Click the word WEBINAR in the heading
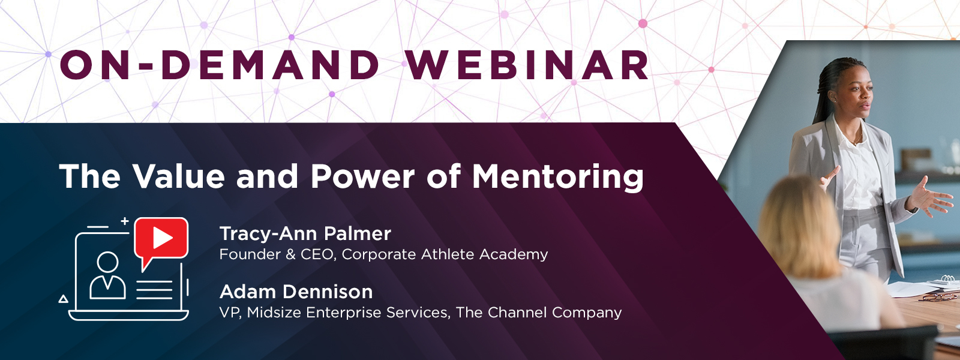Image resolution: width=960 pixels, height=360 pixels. point(527,65)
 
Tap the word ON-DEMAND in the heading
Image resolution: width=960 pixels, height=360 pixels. point(220,65)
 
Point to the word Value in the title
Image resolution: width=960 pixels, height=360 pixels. point(179,176)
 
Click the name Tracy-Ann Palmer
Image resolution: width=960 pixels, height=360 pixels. point(305,234)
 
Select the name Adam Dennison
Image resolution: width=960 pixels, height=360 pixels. point(296,292)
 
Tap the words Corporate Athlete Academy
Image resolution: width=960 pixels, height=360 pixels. point(445,254)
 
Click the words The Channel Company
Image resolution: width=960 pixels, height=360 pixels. point(539,313)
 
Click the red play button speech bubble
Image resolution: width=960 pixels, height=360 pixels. point(161,239)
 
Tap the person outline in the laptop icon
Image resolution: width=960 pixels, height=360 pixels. point(107,275)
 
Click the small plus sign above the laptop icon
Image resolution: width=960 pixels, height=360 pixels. point(125,221)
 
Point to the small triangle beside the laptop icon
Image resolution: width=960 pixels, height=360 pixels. point(64,299)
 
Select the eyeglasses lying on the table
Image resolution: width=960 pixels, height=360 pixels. point(941,296)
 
